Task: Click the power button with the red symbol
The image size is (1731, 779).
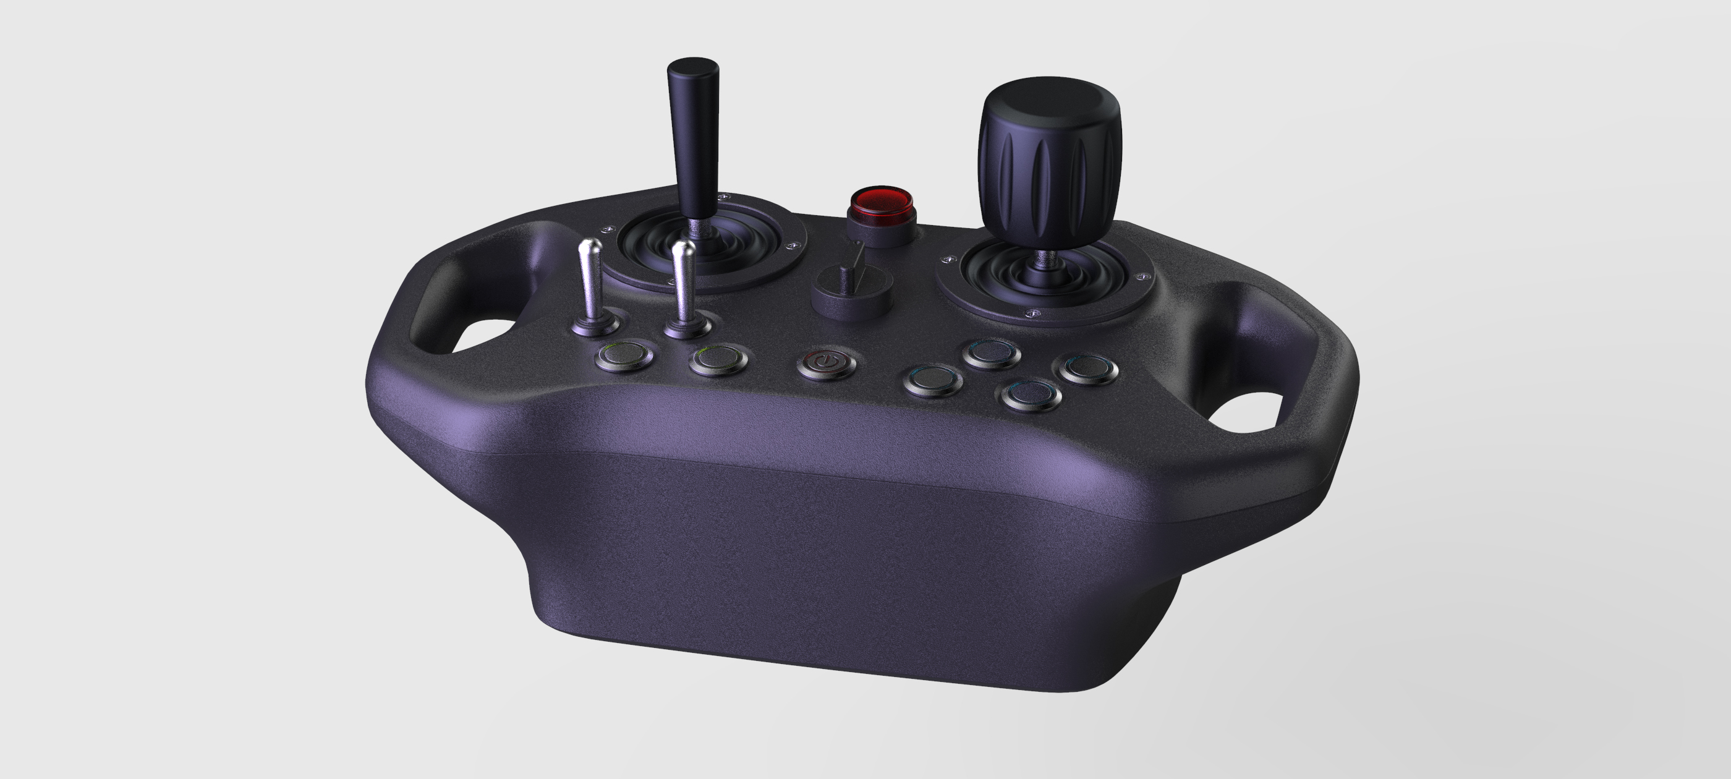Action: point(827,363)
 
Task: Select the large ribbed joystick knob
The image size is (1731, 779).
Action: point(1049,161)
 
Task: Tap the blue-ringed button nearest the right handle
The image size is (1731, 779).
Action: point(1088,367)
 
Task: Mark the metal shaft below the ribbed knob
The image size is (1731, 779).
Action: point(1044,259)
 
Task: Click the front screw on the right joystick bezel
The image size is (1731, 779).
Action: point(1034,313)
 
